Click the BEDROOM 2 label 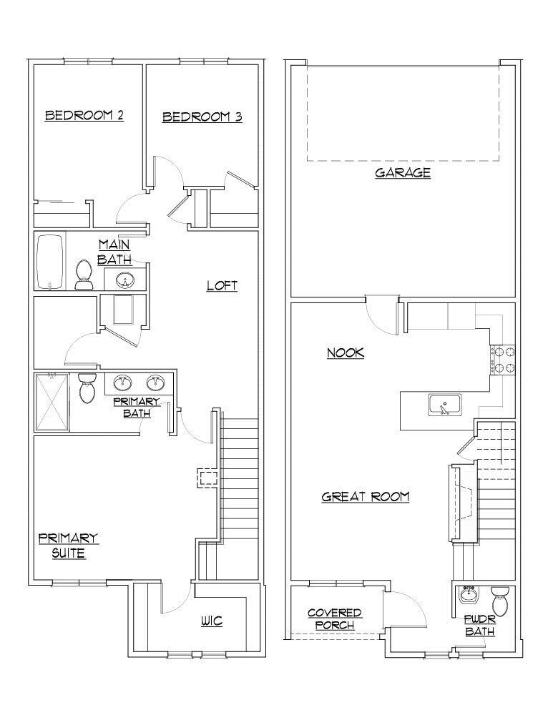pyautogui.click(x=84, y=115)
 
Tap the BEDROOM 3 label pyautogui.click(x=201, y=117)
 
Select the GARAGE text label pyautogui.click(x=403, y=172)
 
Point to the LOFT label pyautogui.click(x=222, y=285)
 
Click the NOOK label pyautogui.click(x=346, y=352)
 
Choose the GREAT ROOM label pyautogui.click(x=365, y=496)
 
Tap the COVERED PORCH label pyautogui.click(x=334, y=619)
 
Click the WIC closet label pyautogui.click(x=211, y=621)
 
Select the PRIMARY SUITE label pyautogui.click(x=69, y=546)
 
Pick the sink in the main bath pyautogui.click(x=124, y=279)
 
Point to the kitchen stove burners pyautogui.click(x=502, y=360)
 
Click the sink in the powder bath pyautogui.click(x=470, y=594)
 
